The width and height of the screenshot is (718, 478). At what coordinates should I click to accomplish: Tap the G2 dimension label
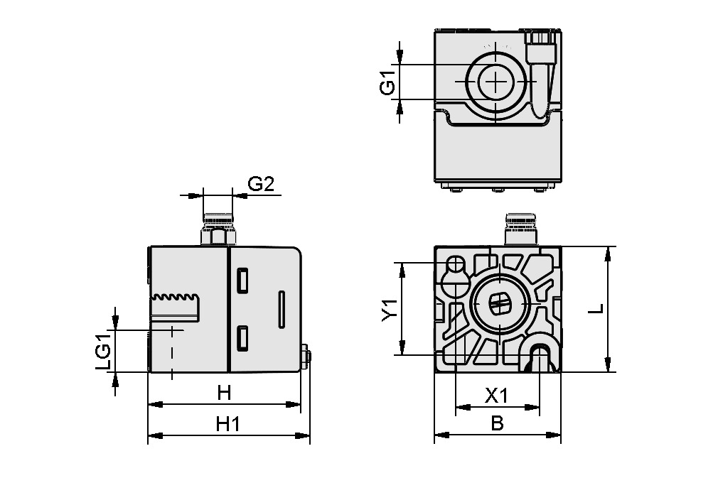(x=260, y=185)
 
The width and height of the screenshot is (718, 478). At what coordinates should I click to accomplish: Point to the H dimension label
(x=225, y=392)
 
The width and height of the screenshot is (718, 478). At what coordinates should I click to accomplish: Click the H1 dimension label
(x=227, y=424)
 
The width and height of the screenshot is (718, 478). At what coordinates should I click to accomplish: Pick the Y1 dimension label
(x=388, y=310)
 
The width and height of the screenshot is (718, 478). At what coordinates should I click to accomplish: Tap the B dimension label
(x=497, y=424)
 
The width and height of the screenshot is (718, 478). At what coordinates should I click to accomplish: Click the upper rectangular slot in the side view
(x=242, y=281)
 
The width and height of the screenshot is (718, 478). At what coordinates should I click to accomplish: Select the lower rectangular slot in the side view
(x=242, y=338)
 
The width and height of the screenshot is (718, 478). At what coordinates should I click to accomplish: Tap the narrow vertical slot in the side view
(x=282, y=309)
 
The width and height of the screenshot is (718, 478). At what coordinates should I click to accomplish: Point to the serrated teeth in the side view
(x=176, y=297)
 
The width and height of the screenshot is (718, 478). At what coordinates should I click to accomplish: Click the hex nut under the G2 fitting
(x=218, y=236)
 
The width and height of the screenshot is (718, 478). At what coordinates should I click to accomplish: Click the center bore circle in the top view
(x=495, y=82)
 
